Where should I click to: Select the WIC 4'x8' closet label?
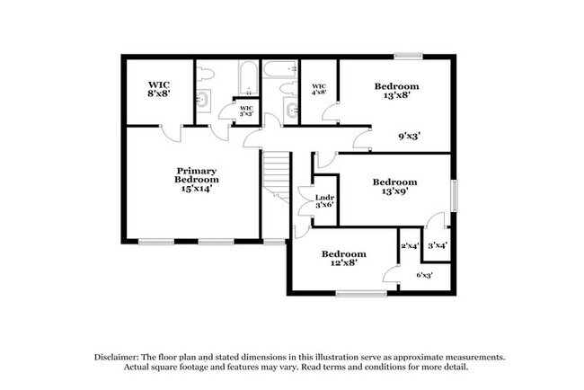[x=317, y=88]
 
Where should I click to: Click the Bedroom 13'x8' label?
[x=396, y=92]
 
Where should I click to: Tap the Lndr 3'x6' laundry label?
[x=324, y=202]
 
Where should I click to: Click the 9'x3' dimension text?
[x=410, y=137]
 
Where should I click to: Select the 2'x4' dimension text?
[x=410, y=245]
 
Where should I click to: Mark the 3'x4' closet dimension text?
[x=438, y=245]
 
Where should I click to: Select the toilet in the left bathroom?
[x=204, y=74]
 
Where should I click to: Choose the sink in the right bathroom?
[x=289, y=110]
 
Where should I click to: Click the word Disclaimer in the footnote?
[x=122, y=357]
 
